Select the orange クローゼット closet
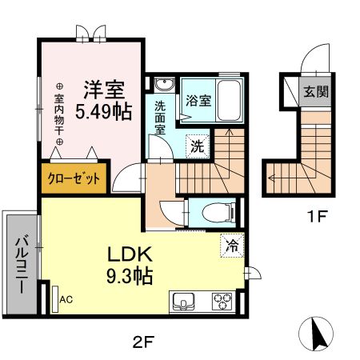click(73, 178)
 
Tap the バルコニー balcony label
click(20, 263)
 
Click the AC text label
click(66, 300)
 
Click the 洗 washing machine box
click(195, 146)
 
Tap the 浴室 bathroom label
click(198, 101)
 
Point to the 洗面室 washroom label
click(159, 113)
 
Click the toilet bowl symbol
click(218, 211)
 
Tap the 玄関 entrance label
click(314, 90)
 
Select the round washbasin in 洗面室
click(163, 85)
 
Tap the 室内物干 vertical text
click(58, 112)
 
